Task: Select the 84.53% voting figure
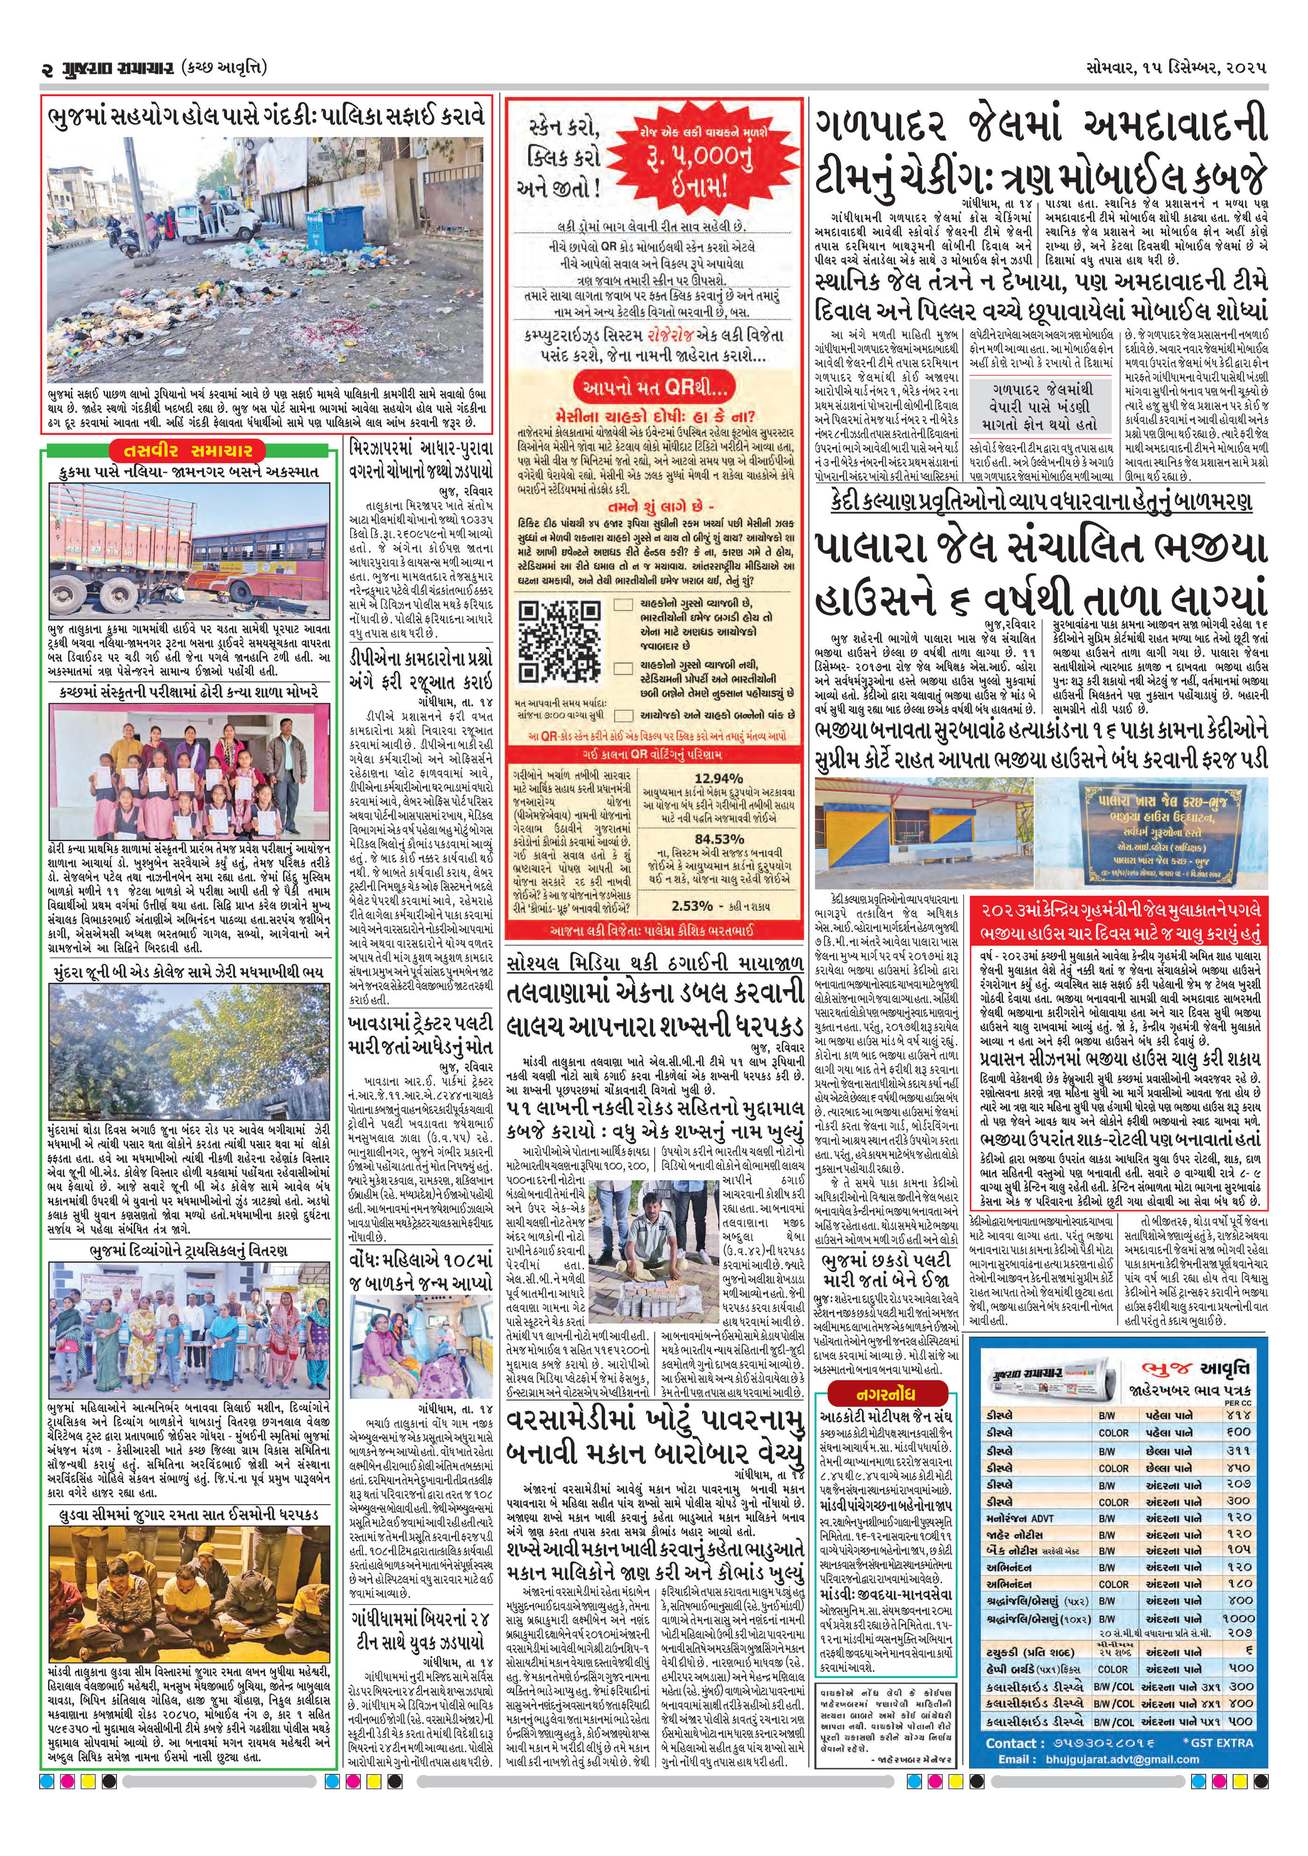(x=718, y=840)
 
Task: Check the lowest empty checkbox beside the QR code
(x=623, y=715)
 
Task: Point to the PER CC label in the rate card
(x=1236, y=1403)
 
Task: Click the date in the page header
(x=1176, y=68)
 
